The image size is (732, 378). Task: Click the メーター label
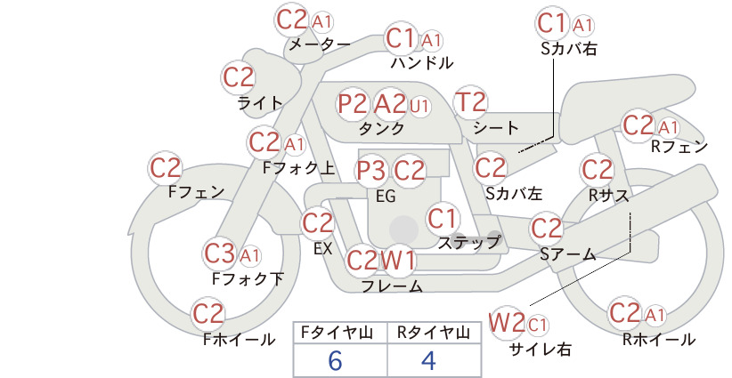pyautogui.click(x=320, y=44)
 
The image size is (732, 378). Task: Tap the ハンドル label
pyautogui.click(x=422, y=62)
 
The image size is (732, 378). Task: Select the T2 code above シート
pyautogui.click(x=470, y=102)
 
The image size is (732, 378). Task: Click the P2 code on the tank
pyautogui.click(x=352, y=103)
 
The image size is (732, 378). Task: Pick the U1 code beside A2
pyautogui.click(x=419, y=106)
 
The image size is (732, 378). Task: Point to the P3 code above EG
pyautogui.click(x=371, y=171)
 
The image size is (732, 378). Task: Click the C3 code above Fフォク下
pyautogui.click(x=219, y=254)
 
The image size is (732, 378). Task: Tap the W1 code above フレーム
pyautogui.click(x=398, y=260)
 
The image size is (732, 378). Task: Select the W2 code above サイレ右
pyautogui.click(x=507, y=322)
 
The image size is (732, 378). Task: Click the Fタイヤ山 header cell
pyautogui.click(x=337, y=333)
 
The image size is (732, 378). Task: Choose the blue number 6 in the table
pyautogui.click(x=335, y=360)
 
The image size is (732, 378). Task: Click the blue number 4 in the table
pyautogui.click(x=428, y=360)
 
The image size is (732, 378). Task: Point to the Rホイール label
pyautogui.click(x=659, y=340)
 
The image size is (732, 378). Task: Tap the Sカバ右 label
pyautogui.click(x=569, y=49)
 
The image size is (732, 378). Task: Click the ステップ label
pyautogui.click(x=468, y=243)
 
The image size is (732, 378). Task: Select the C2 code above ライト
pyautogui.click(x=239, y=78)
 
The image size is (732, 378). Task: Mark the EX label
pyautogui.click(x=322, y=248)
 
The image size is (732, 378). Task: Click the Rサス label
pyautogui.click(x=608, y=196)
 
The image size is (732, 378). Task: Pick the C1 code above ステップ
pyautogui.click(x=442, y=219)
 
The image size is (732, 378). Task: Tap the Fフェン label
pyautogui.click(x=196, y=191)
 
